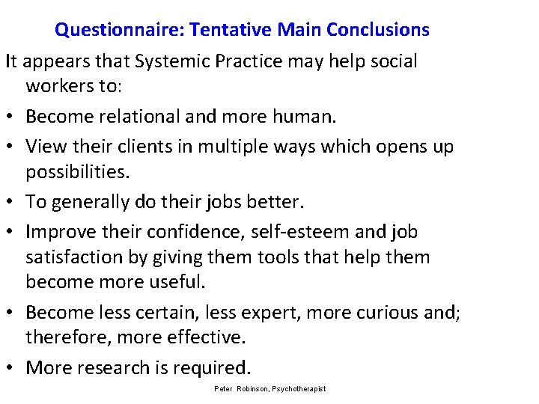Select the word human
(x=305, y=117)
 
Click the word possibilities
(x=78, y=173)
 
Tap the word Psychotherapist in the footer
(x=299, y=389)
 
